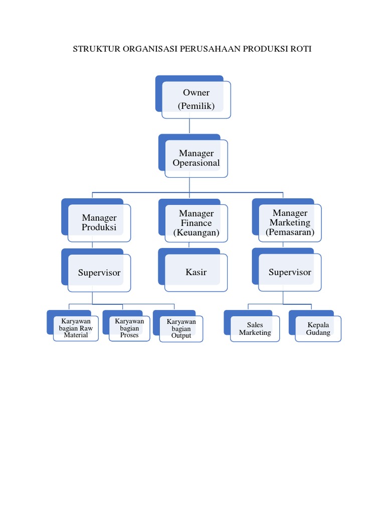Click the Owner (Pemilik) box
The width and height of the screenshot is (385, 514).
pos(196,99)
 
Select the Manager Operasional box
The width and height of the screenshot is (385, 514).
pos(196,158)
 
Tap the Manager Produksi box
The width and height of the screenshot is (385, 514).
pos(99,222)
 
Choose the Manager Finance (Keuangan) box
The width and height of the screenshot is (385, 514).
pos(196,223)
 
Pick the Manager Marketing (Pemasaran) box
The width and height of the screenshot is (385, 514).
pos(290,223)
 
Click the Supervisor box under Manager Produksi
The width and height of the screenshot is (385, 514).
pos(99,273)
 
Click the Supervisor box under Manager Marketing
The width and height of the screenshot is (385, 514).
pos(290,272)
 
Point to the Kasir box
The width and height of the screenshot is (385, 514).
pos(196,272)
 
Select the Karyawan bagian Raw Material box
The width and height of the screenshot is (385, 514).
pos(76,328)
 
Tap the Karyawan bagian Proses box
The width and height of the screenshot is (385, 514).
pos(129,328)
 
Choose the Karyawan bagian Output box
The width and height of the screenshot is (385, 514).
pos(181,329)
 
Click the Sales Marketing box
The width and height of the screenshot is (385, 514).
pos(255,329)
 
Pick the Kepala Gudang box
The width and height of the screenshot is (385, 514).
pos(318,329)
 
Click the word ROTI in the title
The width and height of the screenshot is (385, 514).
pos(300,49)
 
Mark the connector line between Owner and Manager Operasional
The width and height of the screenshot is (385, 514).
pos(189,126)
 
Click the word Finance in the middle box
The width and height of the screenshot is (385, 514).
pos(196,223)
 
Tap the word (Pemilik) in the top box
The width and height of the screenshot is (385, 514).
pos(196,106)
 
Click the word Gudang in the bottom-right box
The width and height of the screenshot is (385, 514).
pos(318,333)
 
